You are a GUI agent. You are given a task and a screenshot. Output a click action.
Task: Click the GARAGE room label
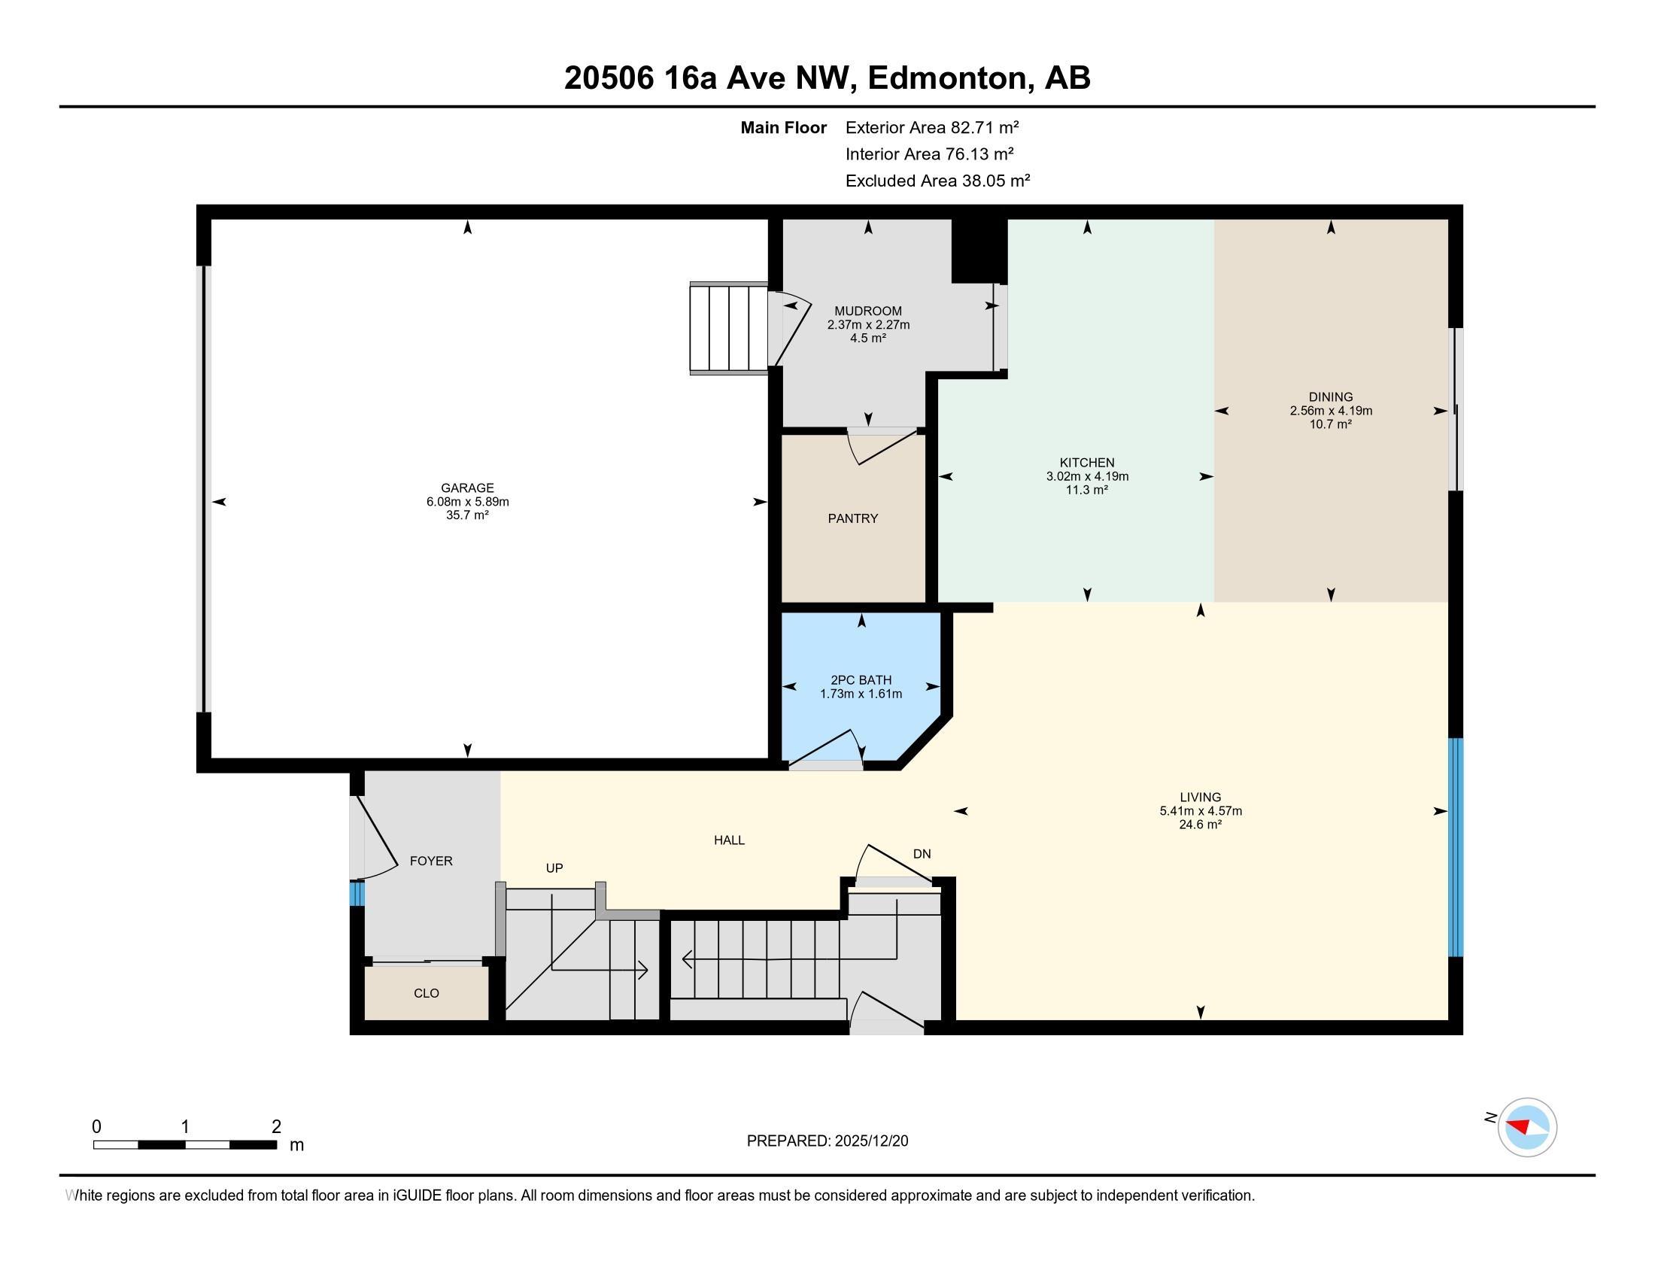467,488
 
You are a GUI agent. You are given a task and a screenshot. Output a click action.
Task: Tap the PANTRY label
852,518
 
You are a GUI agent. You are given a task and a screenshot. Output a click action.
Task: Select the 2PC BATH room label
860,679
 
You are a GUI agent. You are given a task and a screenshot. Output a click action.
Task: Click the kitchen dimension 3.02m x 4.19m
1087,476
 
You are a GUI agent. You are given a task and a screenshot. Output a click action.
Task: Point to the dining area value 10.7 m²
1330,424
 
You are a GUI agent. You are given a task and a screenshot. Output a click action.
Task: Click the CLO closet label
426,993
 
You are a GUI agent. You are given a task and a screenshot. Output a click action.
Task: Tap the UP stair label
554,868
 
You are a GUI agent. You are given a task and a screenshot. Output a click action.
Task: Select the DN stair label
922,854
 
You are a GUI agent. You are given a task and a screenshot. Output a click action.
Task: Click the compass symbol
1526,1127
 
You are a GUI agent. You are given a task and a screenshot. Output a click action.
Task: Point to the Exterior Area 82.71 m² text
931,127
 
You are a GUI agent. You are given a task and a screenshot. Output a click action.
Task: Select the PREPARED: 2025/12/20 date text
827,1141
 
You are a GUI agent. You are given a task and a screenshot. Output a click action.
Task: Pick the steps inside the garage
728,328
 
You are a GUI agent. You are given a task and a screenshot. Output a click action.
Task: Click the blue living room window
1455,846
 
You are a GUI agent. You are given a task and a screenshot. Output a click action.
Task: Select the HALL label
729,840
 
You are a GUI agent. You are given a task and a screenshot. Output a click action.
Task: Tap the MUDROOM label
867,311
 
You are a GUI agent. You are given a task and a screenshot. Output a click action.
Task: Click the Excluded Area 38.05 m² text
937,181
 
